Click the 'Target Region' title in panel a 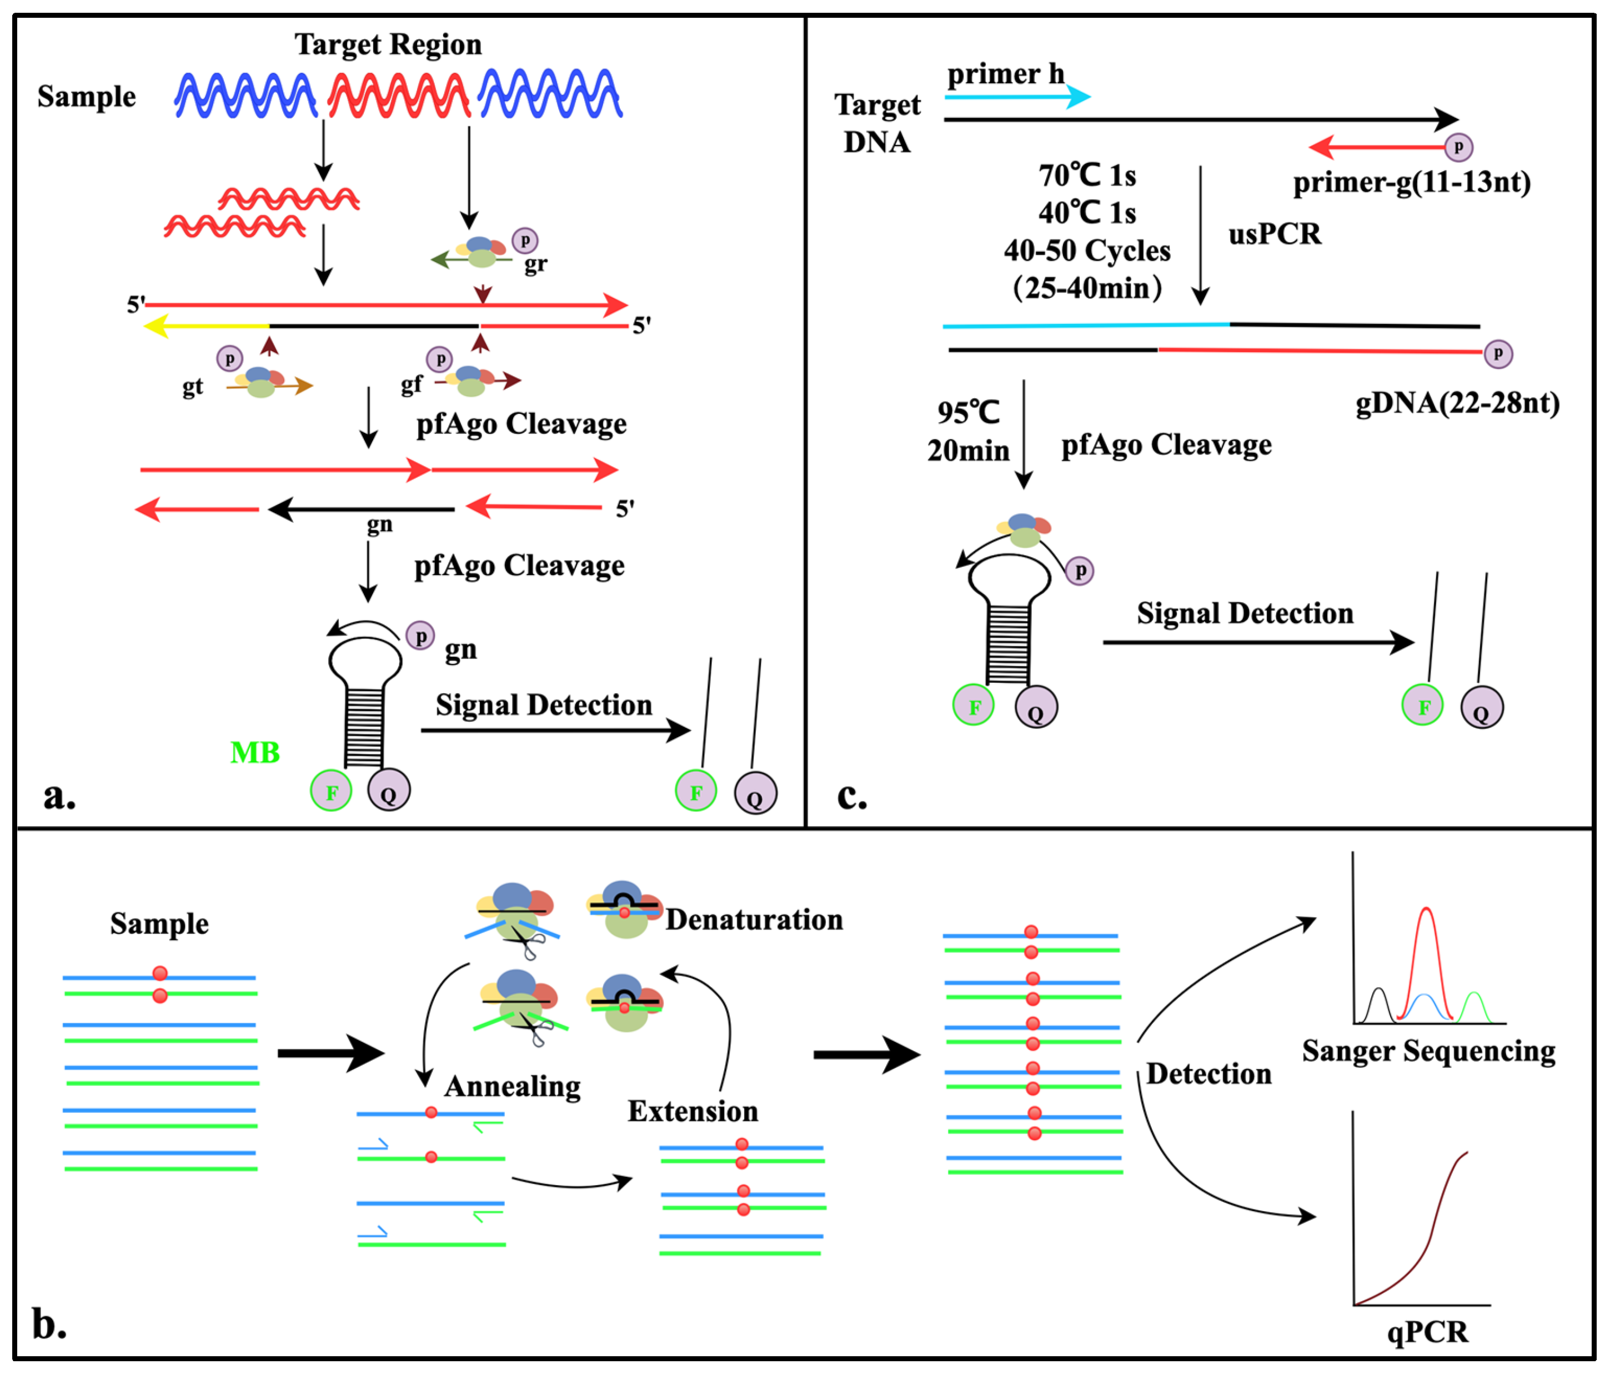coord(388,44)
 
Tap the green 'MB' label coord(255,752)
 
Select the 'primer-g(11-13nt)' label coord(1411,183)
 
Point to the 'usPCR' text coord(1275,234)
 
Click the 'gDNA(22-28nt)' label coord(1457,403)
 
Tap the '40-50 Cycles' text coord(1086,250)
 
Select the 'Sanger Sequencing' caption coord(1428,1051)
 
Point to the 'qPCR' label coord(1427,1332)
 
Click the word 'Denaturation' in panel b coord(754,920)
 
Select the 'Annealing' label coord(512,1086)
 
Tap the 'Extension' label coord(693,1111)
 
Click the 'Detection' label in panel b coord(1208,1074)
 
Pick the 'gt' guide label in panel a coord(192,386)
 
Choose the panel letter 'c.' coord(851,796)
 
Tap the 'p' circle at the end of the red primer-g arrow coord(1458,147)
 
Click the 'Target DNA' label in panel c coord(877,123)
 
